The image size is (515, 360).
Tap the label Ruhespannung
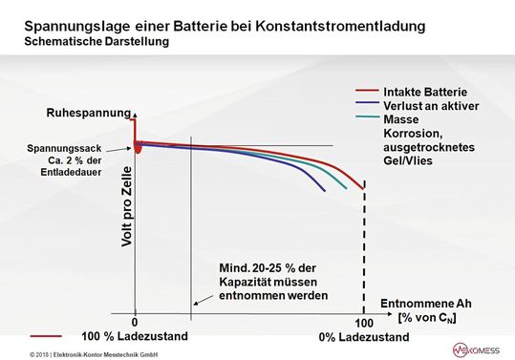click(88, 114)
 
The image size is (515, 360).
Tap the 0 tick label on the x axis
click(135, 323)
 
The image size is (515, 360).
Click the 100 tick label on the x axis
click(363, 323)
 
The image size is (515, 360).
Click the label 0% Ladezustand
click(363, 338)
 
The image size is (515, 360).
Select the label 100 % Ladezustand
click(135, 337)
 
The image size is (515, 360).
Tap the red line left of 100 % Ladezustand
click(47, 337)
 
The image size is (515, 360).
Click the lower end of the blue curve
click(325, 191)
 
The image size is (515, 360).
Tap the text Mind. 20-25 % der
click(273, 269)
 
